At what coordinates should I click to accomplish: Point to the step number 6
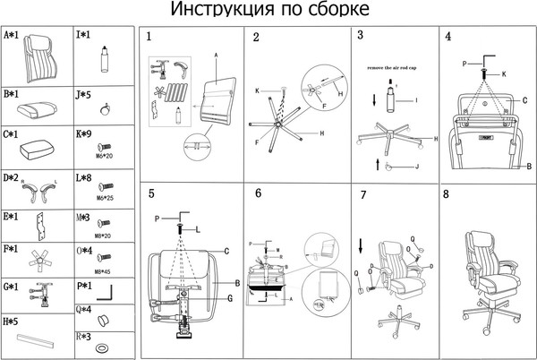(x=258, y=193)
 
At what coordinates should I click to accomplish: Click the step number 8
(x=447, y=193)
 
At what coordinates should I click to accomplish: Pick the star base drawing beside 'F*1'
(x=39, y=259)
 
